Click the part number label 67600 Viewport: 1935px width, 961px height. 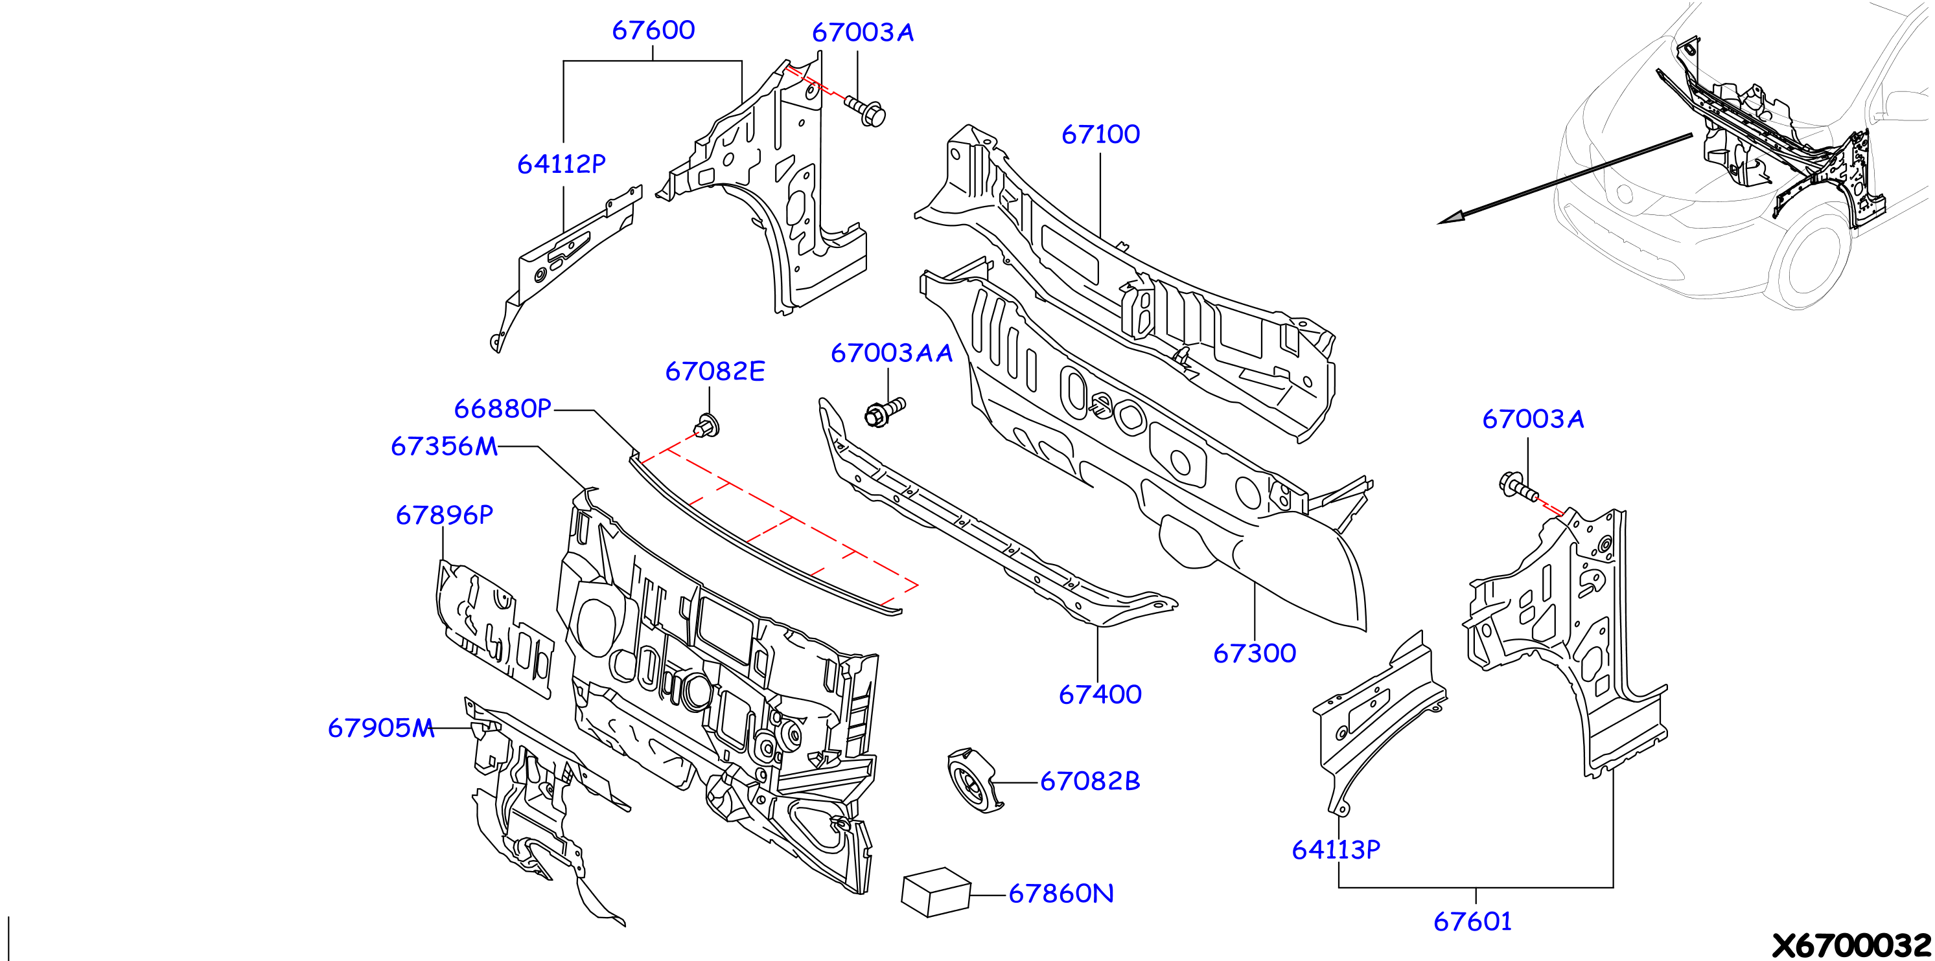[x=653, y=30]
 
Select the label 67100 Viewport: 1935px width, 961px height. [x=1100, y=135]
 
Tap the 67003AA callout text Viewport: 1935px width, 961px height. [x=891, y=353]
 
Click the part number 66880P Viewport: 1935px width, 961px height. [x=502, y=409]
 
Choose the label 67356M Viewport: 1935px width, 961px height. [x=444, y=447]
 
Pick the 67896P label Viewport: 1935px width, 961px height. [x=444, y=515]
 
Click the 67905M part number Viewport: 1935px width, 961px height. [x=381, y=729]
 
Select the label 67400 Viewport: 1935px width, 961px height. [x=1100, y=694]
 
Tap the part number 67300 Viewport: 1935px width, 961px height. [x=1255, y=653]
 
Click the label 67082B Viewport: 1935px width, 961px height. [x=1090, y=782]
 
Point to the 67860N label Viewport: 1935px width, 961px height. [x=1061, y=894]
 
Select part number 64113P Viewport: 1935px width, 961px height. [x=1336, y=850]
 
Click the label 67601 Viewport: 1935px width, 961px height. [x=1472, y=921]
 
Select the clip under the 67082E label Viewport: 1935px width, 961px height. [x=706, y=425]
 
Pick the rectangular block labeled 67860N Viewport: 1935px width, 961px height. [x=936, y=892]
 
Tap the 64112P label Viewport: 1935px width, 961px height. [x=561, y=164]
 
